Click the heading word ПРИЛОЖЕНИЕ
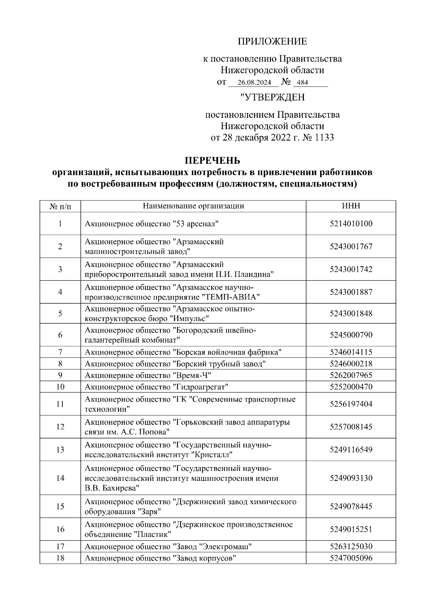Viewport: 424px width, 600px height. point(272,42)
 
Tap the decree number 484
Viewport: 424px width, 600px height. point(302,83)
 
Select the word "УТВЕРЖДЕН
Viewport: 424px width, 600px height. point(272,97)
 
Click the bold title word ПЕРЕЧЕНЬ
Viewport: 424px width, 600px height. point(212,161)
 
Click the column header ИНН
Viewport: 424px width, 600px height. point(351,206)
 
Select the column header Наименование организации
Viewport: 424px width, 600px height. point(193,206)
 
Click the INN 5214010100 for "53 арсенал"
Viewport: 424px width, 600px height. point(351,223)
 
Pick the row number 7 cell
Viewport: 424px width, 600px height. point(60,352)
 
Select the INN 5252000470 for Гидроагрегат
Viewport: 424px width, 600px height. point(351,387)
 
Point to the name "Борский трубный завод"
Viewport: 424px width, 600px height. point(219,364)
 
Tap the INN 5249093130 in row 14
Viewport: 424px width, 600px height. point(351,478)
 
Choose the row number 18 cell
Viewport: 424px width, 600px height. point(60,558)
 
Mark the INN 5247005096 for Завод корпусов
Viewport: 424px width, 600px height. point(351,558)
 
